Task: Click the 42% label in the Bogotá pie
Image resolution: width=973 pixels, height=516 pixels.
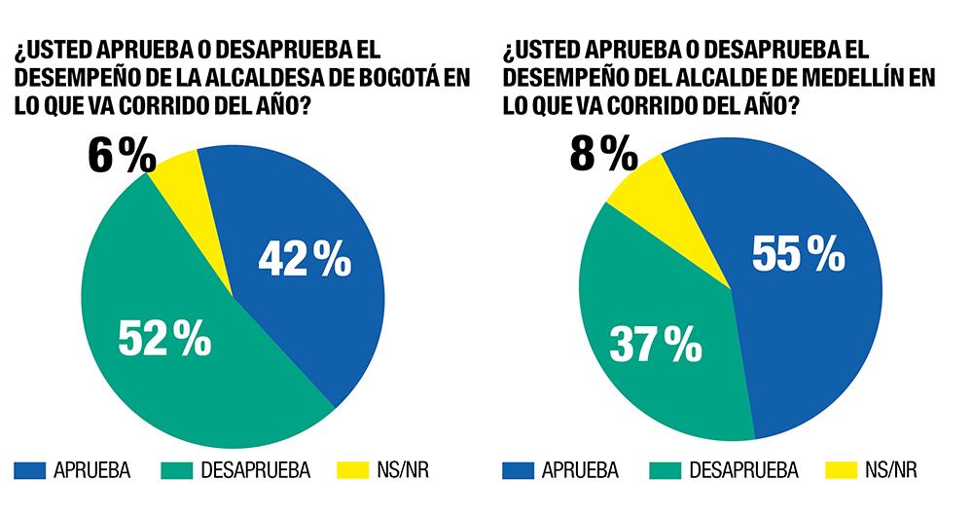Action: click(x=305, y=260)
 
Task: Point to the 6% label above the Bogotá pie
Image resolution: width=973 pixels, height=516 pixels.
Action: click(x=121, y=157)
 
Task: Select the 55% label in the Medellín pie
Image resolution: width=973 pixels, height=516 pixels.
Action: click(x=798, y=254)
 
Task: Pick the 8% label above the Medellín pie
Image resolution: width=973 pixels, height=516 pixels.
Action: click(x=602, y=153)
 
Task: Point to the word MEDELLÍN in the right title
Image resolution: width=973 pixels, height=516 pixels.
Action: click(x=865, y=78)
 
